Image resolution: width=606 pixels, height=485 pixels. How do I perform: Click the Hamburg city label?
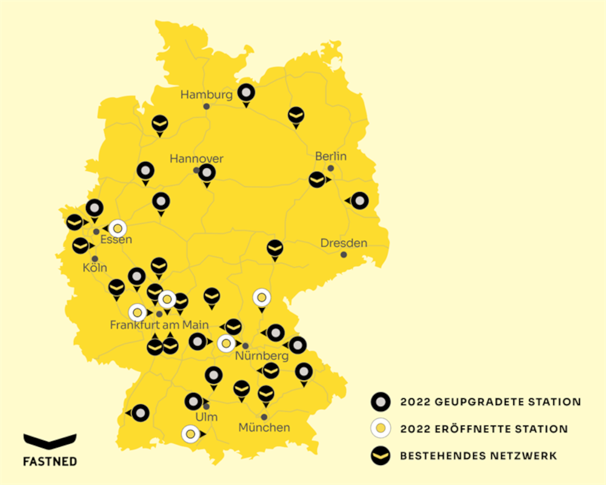tap(206, 95)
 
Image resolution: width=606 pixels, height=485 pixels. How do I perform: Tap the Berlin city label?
tap(331, 156)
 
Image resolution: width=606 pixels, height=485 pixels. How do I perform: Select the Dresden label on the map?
tap(344, 243)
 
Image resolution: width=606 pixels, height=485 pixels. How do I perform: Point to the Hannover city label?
tap(196, 159)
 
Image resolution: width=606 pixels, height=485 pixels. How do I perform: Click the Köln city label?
tap(95, 267)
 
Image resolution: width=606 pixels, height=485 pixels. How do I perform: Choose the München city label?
tap(264, 427)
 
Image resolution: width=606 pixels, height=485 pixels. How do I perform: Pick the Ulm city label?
tap(207, 417)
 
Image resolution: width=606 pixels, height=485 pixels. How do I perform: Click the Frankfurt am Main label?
tap(159, 325)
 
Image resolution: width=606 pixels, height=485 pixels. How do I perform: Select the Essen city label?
tap(116, 239)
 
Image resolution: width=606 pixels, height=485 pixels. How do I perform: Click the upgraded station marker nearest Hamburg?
tap(246, 93)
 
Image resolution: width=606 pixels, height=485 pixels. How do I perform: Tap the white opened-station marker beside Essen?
tap(118, 229)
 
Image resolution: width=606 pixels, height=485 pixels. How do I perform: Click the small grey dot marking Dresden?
tap(344, 255)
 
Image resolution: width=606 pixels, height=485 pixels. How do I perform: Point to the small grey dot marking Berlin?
tap(331, 168)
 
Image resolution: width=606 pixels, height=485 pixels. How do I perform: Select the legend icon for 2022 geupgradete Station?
tap(381, 401)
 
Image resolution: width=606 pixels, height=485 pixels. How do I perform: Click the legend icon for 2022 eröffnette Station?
tap(381, 429)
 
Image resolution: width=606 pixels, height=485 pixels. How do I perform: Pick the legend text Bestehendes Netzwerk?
tap(478, 455)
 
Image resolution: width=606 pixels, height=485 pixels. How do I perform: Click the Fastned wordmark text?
tap(50, 461)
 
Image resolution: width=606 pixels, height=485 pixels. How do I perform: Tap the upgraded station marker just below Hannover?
tap(207, 173)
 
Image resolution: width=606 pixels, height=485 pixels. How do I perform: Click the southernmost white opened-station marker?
tap(190, 434)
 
